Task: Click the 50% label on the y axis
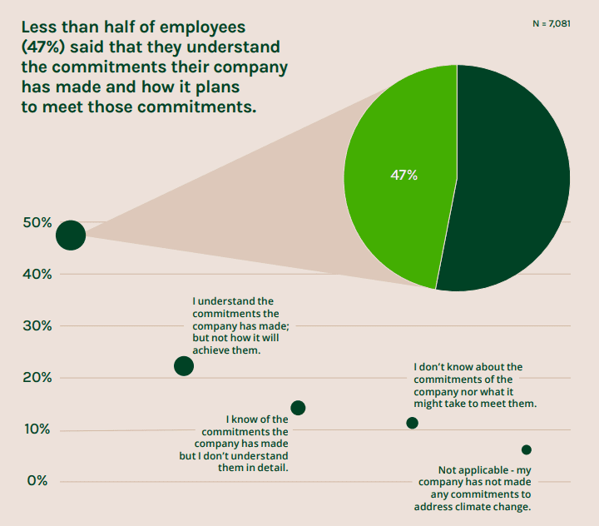[x=37, y=223]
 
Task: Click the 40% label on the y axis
[x=37, y=275]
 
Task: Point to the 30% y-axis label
[x=37, y=326]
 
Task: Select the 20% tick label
[x=37, y=378]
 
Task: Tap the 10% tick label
[x=37, y=429]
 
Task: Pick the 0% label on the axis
[x=37, y=481]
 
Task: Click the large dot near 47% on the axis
[x=71, y=236]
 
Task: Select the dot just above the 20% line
[x=184, y=366]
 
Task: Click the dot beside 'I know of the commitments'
[x=298, y=408]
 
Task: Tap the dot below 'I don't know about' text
[x=412, y=423]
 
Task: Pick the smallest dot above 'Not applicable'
[x=526, y=449]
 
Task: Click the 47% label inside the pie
[x=403, y=176]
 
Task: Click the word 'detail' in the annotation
[x=269, y=468]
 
